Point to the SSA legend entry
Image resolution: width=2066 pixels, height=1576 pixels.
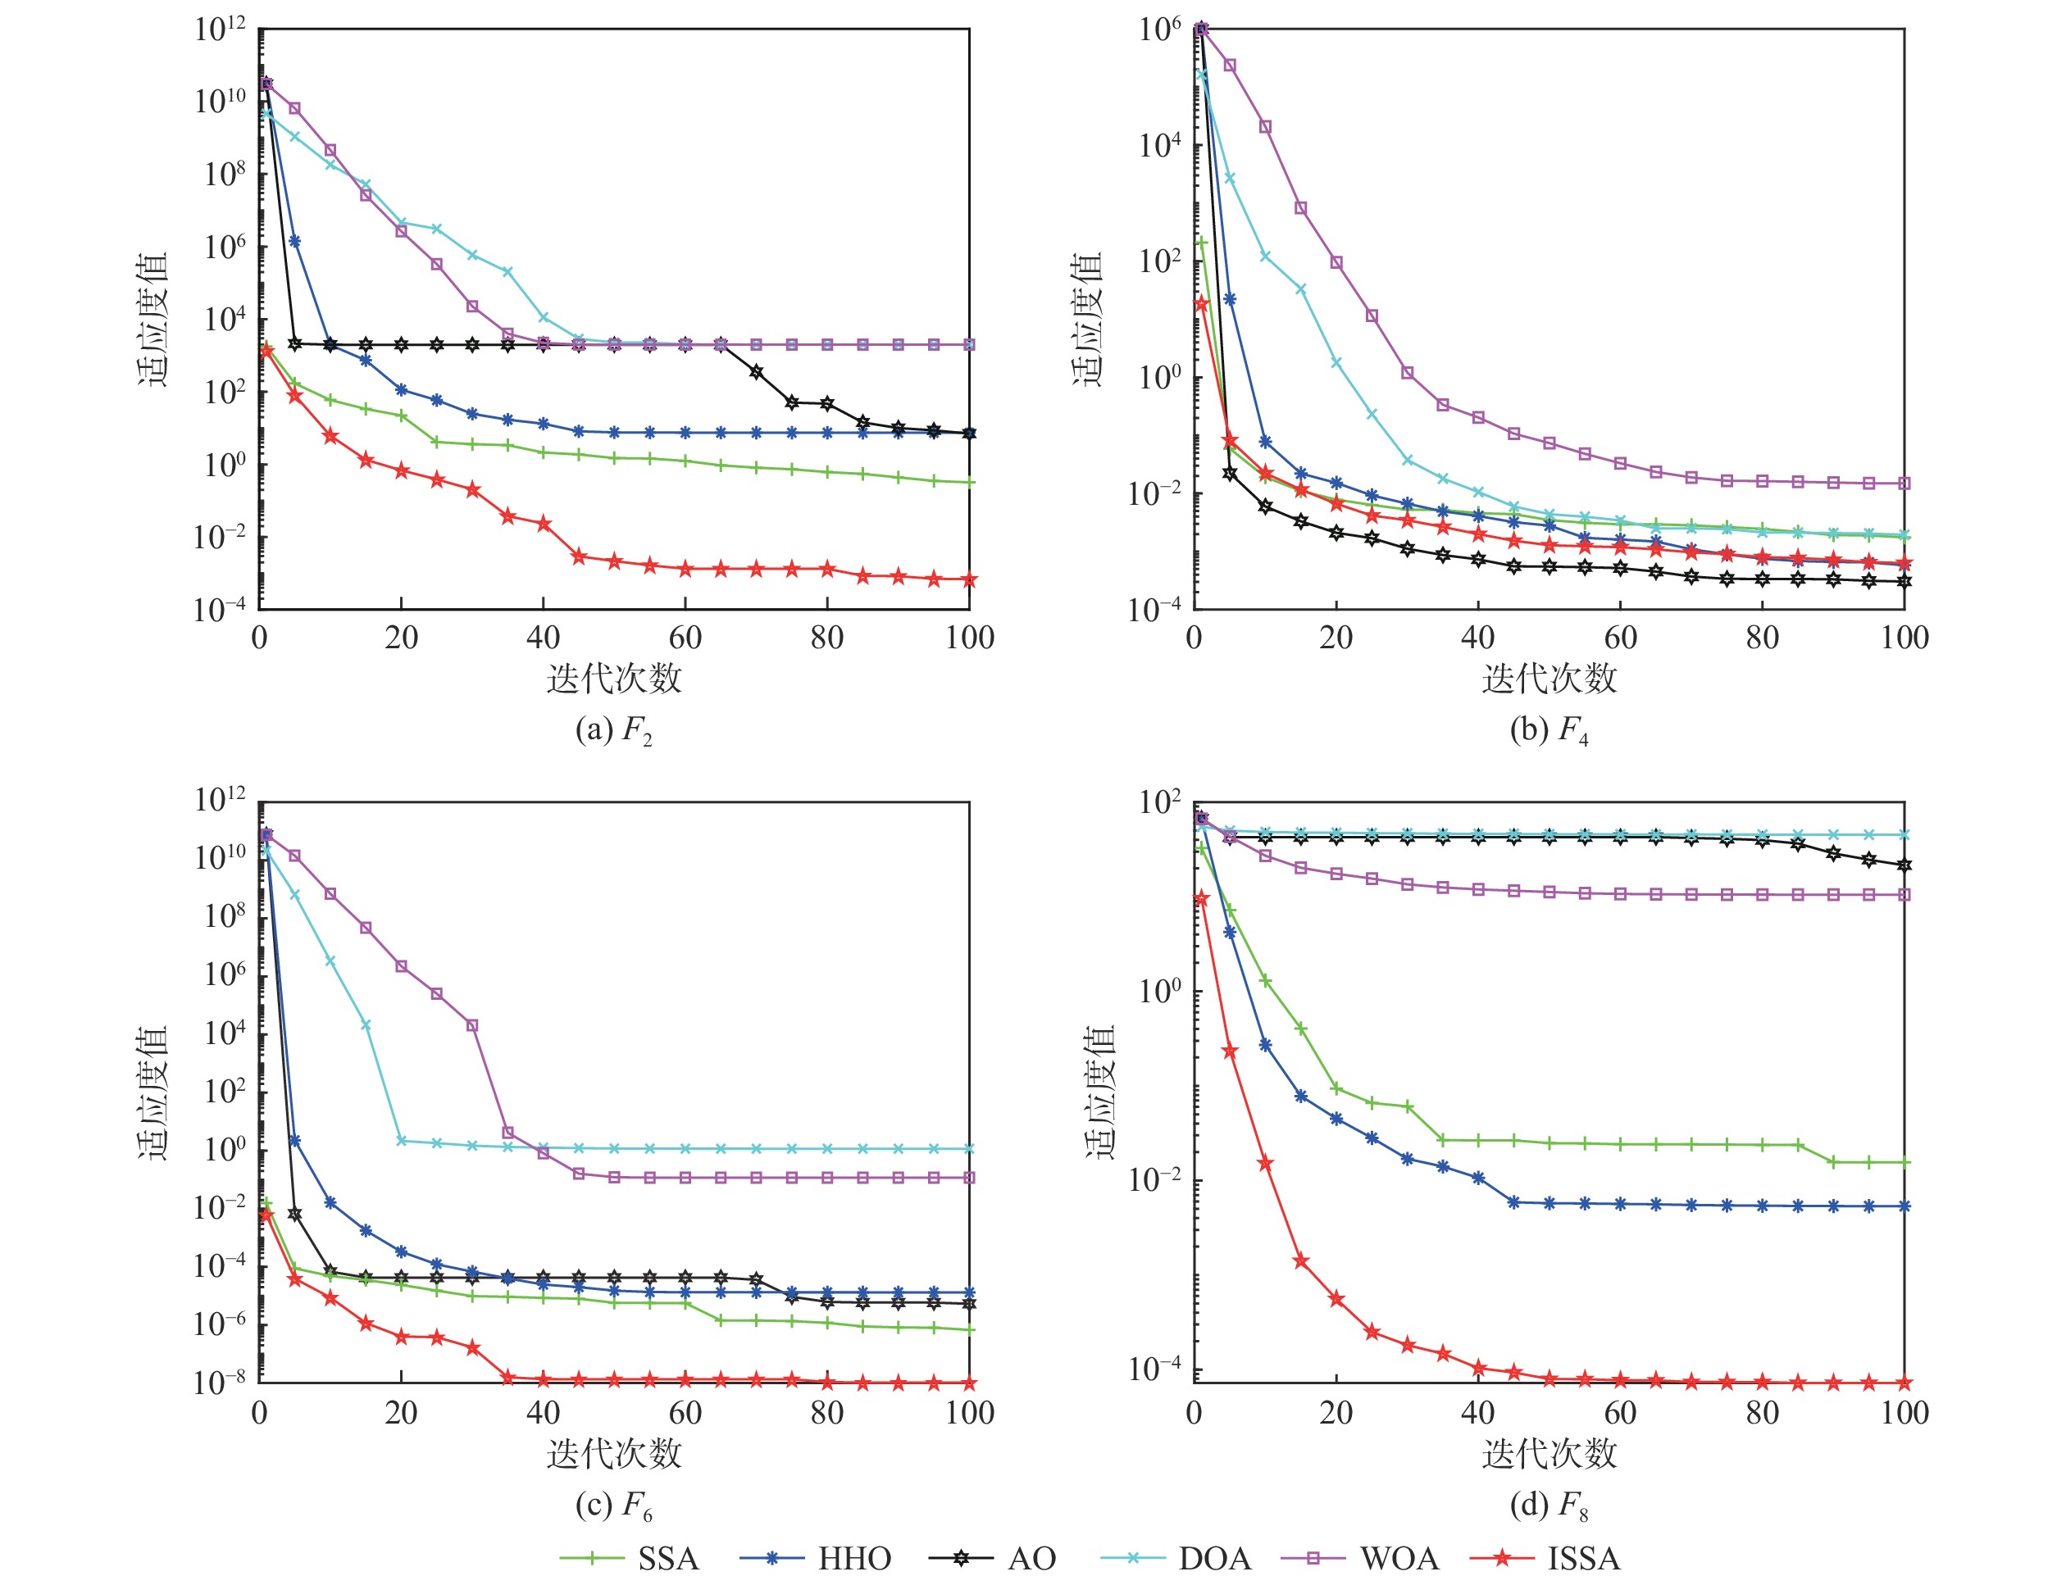pyautogui.click(x=630, y=1558)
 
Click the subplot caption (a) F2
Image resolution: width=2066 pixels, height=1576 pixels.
pyautogui.click(x=613, y=730)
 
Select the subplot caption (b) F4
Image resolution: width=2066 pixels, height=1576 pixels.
pyautogui.click(x=1548, y=730)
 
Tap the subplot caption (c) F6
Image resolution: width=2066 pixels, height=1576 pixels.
pyautogui.click(x=613, y=1505)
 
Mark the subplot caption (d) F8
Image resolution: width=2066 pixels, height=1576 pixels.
pyautogui.click(x=1548, y=1505)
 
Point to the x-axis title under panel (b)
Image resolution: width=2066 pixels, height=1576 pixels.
pyautogui.click(x=1549, y=679)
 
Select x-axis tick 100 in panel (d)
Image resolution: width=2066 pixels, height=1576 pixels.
pyautogui.click(x=1904, y=1414)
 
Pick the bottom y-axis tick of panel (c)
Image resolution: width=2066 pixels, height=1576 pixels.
pyautogui.click(x=220, y=1383)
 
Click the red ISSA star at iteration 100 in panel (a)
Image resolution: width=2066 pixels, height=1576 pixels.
pyautogui.click(x=969, y=579)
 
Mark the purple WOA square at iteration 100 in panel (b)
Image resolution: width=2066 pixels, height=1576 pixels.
pyautogui.click(x=1904, y=483)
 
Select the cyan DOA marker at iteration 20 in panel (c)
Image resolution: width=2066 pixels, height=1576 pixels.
pyautogui.click(x=402, y=1141)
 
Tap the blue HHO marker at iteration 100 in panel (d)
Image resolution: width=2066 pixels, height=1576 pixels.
pyautogui.click(x=1904, y=1206)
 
